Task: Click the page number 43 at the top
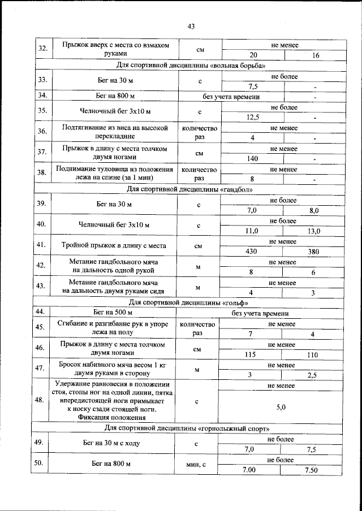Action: click(191, 27)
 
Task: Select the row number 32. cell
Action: click(42, 49)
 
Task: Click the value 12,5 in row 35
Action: click(252, 117)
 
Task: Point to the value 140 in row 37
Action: click(252, 159)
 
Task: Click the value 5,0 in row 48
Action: click(281, 406)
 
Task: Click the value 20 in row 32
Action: click(252, 55)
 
